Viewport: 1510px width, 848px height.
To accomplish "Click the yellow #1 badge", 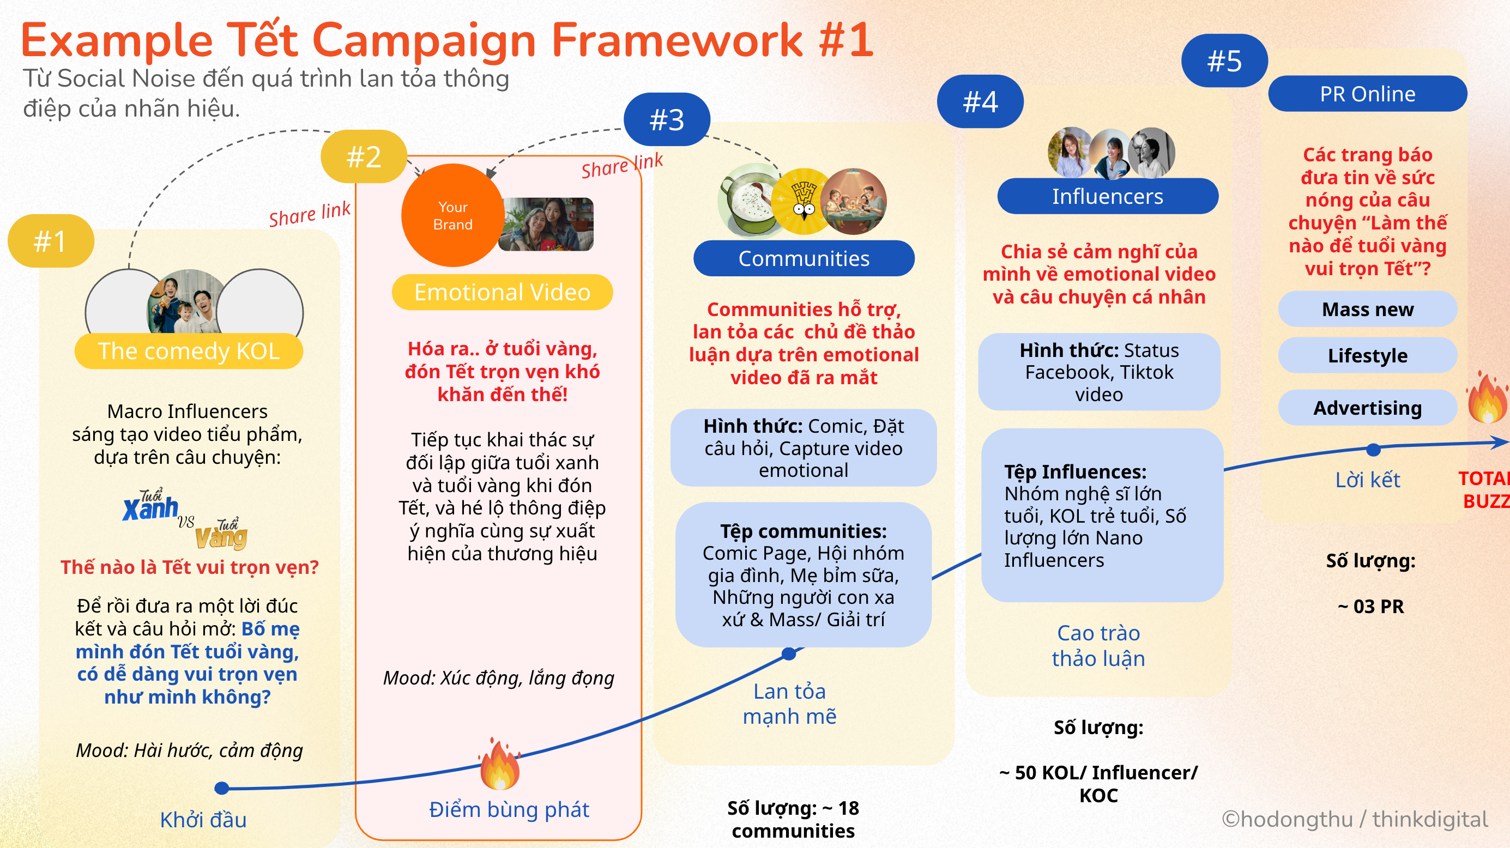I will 50,241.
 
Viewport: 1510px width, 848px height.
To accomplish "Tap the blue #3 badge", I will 667,119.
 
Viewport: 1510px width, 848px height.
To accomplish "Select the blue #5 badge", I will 1224,60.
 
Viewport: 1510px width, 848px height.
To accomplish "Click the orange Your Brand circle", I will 452,215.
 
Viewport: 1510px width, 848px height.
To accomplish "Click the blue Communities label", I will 803,258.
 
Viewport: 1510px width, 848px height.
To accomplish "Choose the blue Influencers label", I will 1107,196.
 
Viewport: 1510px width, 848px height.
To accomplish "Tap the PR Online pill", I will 1367,94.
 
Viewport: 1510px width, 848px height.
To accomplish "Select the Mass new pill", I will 1367,309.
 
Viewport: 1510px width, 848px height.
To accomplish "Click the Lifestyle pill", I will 1367,355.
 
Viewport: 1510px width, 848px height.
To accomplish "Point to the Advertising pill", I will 1367,407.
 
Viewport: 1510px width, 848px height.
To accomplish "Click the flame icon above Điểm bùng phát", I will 499,764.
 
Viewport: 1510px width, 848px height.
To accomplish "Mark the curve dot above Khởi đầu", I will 221,788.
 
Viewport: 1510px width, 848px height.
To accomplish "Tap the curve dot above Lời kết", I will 1373,450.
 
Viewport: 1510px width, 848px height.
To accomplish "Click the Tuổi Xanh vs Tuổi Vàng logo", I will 185,519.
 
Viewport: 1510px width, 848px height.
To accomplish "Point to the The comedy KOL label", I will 188,351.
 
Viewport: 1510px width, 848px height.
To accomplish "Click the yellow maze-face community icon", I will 803,202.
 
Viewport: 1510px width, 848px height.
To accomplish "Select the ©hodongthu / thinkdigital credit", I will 1354,819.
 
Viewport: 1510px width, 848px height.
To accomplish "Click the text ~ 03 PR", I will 1370,606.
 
